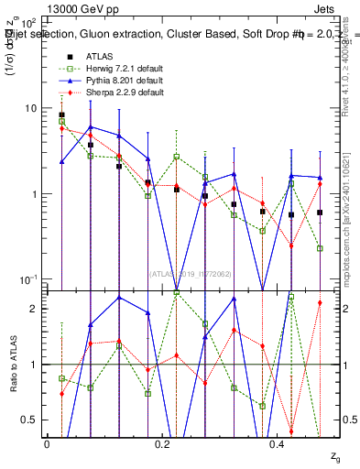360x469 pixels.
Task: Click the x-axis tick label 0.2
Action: pyautogui.click(x=162, y=444)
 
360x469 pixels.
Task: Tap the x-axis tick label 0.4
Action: pyautogui.click(x=278, y=444)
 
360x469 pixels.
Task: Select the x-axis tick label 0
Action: pyautogui.click(x=47, y=444)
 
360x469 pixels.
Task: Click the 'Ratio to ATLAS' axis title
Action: pyautogui.click(x=13, y=365)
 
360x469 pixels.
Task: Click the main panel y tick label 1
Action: pyautogui.click(x=31, y=194)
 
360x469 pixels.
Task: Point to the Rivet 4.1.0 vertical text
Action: pyautogui.click(x=349, y=64)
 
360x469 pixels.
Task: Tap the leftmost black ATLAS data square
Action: pyautogui.click(x=61, y=115)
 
